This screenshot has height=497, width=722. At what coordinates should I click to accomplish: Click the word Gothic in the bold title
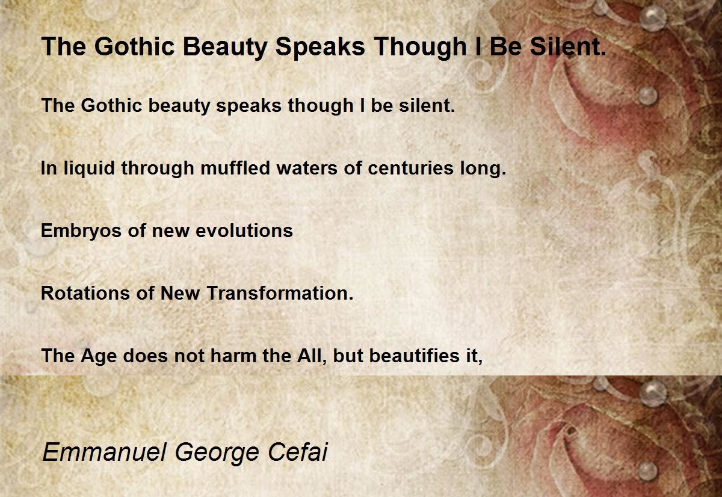pyautogui.click(x=134, y=47)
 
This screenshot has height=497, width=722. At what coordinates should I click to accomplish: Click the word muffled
pyautogui.click(x=235, y=168)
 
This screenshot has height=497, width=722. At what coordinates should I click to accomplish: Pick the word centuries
pyautogui.click(x=410, y=168)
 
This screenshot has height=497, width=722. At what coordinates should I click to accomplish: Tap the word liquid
pyautogui.click(x=89, y=169)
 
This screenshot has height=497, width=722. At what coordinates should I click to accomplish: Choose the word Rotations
pyautogui.click(x=85, y=293)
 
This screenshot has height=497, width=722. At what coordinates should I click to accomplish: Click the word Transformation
pyautogui.click(x=280, y=293)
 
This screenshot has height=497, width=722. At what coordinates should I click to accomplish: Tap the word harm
pyautogui.click(x=233, y=356)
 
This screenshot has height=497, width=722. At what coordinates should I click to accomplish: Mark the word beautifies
pyautogui.click(x=414, y=356)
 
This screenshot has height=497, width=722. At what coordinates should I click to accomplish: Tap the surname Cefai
pyautogui.click(x=297, y=452)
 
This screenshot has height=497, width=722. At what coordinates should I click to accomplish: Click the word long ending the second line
pyautogui.click(x=483, y=169)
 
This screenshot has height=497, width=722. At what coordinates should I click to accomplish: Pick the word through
pyautogui.click(x=158, y=169)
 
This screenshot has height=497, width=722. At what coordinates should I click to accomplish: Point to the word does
pyautogui.click(x=146, y=356)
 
